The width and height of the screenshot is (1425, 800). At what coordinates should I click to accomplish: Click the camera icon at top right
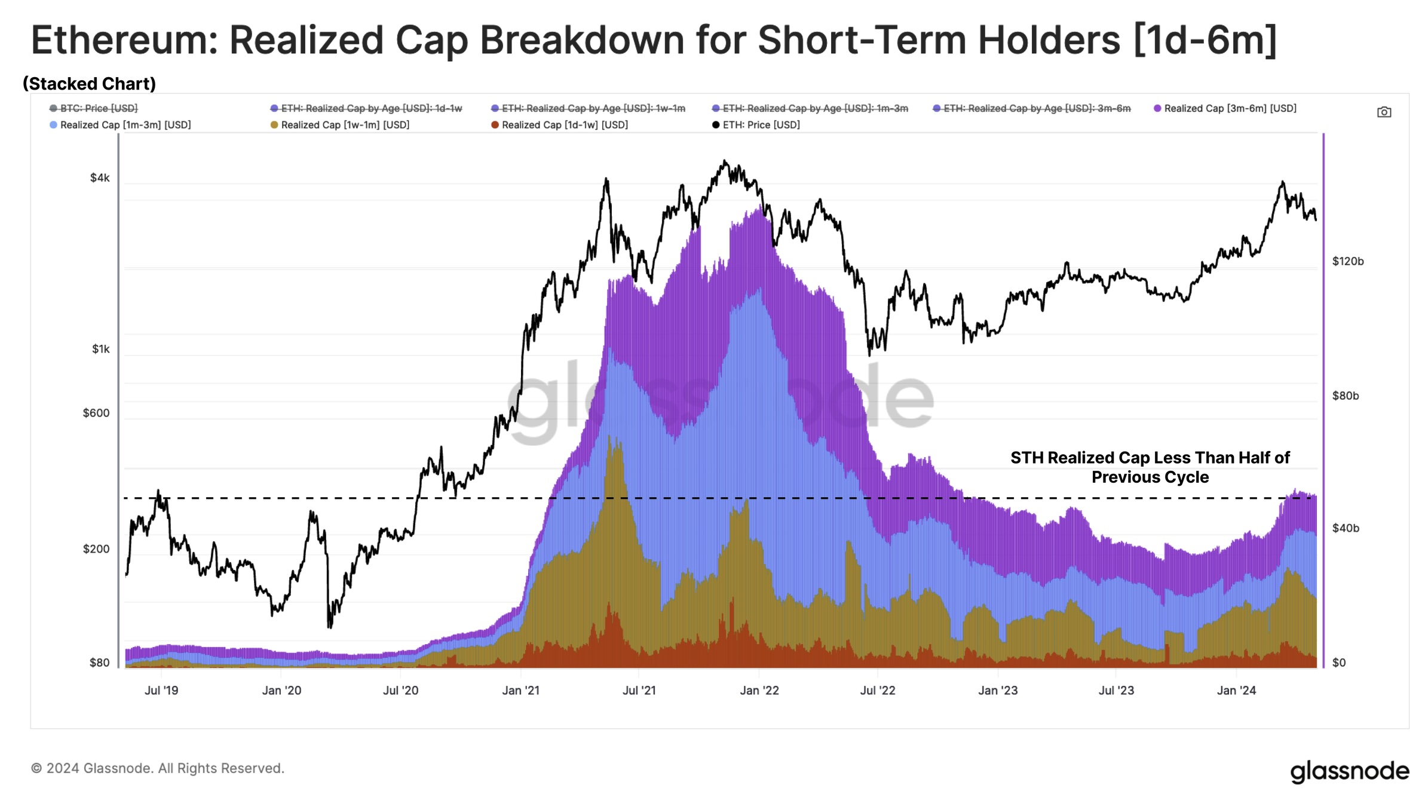coord(1384,112)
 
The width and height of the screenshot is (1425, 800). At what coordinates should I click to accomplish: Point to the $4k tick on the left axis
coord(100,178)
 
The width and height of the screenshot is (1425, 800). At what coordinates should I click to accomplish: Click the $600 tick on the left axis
coord(96,413)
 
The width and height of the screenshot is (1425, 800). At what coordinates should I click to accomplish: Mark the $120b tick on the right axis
coord(1347,261)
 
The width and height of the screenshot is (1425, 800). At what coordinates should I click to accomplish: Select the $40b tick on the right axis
coord(1346,528)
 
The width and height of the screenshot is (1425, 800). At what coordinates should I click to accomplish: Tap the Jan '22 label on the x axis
coord(759,691)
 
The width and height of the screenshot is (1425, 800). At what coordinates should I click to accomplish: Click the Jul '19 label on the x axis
coord(161,691)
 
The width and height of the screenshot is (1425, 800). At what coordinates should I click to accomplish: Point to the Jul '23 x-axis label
coord(1116,691)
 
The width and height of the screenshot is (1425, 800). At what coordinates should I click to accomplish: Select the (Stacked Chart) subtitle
coord(90,84)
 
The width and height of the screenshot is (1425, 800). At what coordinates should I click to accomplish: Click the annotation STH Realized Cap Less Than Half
coord(1150,458)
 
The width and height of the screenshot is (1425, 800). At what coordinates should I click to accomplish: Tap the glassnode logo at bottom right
coord(1349,771)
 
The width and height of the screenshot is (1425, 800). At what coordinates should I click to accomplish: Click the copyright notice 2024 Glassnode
coord(158,768)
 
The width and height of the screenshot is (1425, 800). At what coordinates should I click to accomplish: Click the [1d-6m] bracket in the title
coord(1205,41)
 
